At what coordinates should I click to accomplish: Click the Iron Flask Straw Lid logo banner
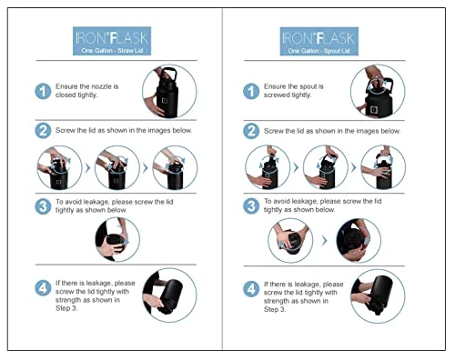tap(112, 41)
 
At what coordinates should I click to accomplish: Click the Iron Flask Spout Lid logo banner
tap(319, 41)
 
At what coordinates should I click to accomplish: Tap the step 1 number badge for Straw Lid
tap(43, 91)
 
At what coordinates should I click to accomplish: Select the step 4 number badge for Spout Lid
tap(251, 289)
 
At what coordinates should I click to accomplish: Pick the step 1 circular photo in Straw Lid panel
tap(169, 91)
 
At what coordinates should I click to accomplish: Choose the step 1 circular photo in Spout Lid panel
tap(378, 91)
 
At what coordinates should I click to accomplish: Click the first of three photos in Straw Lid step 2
tap(59, 167)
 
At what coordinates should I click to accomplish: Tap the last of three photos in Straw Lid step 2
tap(175, 167)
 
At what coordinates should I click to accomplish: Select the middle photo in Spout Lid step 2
tap(326, 167)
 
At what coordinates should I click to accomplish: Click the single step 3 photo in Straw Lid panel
tap(117, 239)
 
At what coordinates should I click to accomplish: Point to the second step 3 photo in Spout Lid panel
tap(359, 241)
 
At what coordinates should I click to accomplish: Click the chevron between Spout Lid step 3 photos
tap(325, 241)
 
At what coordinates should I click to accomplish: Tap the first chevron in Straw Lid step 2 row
tap(88, 167)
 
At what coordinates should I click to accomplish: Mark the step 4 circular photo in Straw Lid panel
tap(169, 295)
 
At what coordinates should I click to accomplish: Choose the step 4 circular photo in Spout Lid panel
tap(378, 296)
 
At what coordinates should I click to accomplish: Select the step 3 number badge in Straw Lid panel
tap(43, 206)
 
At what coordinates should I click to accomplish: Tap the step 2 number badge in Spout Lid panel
tap(251, 131)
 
